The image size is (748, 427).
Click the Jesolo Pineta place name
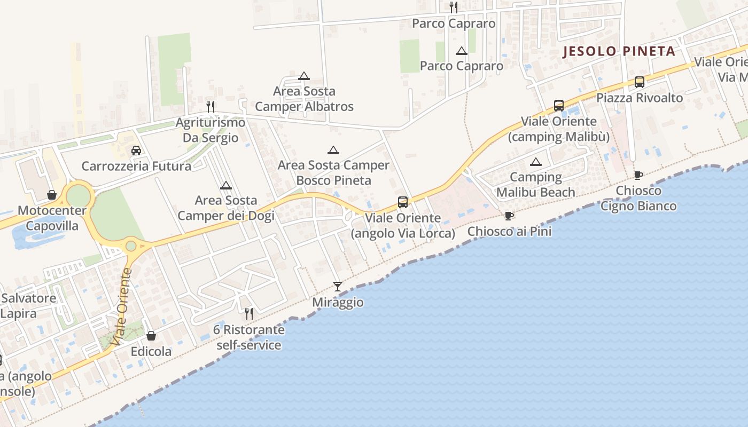pos(620,52)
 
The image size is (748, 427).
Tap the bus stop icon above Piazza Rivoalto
pos(639,82)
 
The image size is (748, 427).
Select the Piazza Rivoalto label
pos(640,98)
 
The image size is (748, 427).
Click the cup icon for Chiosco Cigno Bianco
pos(638,175)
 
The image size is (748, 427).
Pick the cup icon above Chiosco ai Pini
pos(509,216)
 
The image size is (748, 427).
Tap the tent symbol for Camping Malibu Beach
pos(535,162)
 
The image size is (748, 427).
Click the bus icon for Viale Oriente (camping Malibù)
pos(558,106)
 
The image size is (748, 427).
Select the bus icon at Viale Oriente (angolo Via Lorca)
pos(403,202)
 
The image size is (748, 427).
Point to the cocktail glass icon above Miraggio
pos(337,287)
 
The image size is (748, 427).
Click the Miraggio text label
pos(338,303)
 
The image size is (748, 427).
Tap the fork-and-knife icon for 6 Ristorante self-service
pos(248,313)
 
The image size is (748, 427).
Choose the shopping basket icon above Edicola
pos(151,336)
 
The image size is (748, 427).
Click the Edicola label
pos(151,351)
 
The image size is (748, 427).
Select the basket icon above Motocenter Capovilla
pos(52,195)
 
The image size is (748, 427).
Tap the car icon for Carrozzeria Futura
pos(136,151)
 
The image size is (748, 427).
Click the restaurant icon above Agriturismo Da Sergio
pos(211,106)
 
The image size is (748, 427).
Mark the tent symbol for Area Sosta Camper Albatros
pos(304,76)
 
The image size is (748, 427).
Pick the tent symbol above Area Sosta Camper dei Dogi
pos(226,185)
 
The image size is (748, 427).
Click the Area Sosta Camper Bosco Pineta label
pos(333,173)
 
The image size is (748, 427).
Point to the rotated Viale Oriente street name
pos(122,306)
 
